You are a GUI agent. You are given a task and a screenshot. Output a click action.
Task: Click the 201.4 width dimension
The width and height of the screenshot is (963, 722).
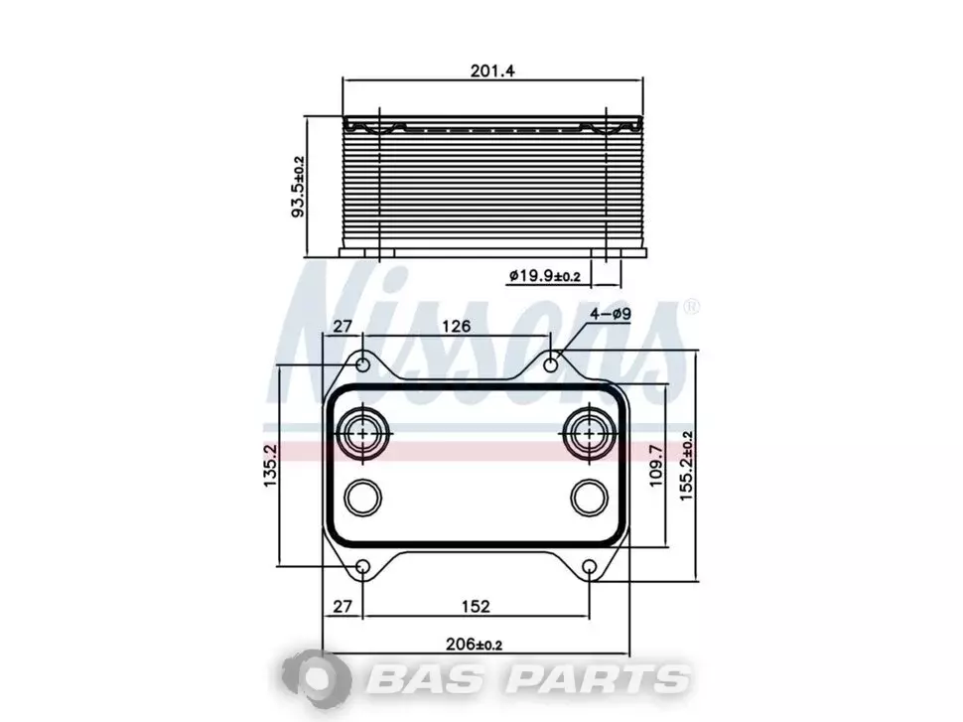[492, 71]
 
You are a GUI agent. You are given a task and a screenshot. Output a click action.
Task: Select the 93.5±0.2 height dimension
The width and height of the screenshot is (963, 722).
[298, 187]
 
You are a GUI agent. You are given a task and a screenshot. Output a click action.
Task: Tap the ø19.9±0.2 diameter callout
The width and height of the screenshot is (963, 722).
[544, 276]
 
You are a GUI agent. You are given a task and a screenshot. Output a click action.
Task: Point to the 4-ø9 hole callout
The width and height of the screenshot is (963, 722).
[611, 314]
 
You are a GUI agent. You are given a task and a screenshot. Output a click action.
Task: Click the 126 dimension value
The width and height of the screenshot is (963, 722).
[457, 326]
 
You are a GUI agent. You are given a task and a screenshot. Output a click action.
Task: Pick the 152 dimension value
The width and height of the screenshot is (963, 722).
[476, 607]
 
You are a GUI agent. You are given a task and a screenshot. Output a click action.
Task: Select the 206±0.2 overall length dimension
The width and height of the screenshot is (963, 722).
[474, 645]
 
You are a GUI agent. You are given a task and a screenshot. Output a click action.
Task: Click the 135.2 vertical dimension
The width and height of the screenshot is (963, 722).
[271, 465]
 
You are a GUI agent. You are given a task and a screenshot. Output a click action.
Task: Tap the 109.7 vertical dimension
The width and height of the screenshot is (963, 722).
[656, 465]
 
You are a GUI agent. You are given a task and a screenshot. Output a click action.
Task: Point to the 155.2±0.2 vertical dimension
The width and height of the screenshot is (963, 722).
[687, 465]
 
